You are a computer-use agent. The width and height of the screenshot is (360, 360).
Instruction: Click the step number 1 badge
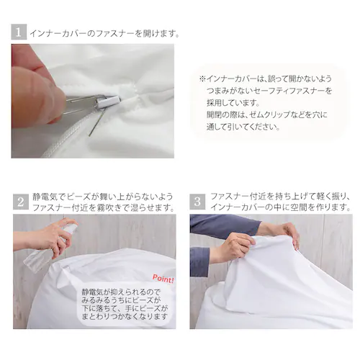tap(19, 32)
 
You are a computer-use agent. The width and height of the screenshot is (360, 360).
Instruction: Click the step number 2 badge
tap(20, 202)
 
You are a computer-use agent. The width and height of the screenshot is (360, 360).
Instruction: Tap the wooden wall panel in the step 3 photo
tap(331, 238)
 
